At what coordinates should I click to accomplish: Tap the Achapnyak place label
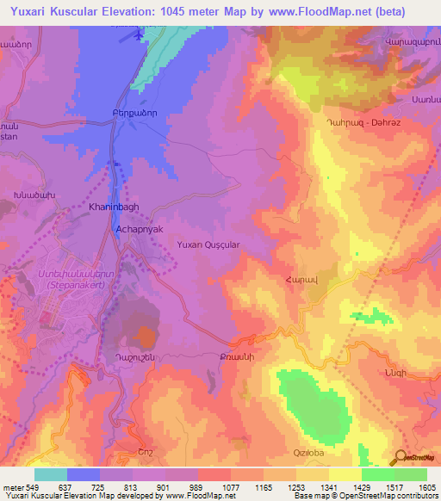tap(139, 231)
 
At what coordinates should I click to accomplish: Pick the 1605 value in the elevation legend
tap(426, 487)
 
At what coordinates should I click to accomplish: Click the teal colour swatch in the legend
tap(51, 474)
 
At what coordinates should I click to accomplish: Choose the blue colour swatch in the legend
tap(84, 474)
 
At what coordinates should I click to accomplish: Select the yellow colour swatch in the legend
tap(345, 474)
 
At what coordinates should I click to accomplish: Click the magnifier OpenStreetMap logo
tap(399, 458)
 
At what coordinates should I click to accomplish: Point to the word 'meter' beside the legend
tap(13, 487)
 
